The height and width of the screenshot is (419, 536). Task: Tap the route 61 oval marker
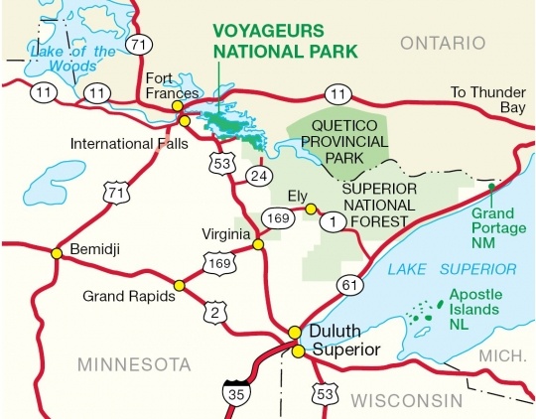[x=347, y=286]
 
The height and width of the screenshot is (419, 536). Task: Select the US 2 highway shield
[x=211, y=310]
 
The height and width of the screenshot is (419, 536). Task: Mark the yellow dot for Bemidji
[x=57, y=253]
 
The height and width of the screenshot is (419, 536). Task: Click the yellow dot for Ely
[x=311, y=209]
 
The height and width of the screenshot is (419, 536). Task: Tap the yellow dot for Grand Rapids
[x=180, y=285]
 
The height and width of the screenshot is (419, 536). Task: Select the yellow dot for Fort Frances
[x=178, y=105]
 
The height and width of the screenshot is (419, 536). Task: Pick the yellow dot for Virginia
[x=258, y=244]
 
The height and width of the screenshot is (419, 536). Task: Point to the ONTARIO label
[x=443, y=44]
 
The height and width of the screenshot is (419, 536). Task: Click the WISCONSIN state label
[x=407, y=400]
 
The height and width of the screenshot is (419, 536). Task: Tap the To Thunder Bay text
[x=486, y=99]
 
